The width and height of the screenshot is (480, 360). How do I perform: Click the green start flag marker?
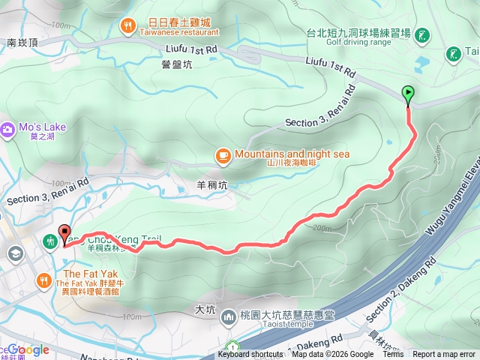408,94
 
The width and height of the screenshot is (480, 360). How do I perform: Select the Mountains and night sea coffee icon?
223,156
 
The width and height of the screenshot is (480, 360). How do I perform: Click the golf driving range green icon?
422,34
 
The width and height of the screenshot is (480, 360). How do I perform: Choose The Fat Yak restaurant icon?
44,281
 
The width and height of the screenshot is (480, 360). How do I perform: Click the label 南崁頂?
21,43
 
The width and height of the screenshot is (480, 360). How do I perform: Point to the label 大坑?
205,308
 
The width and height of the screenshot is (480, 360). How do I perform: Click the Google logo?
28,349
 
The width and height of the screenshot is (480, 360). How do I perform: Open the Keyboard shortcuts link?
250,355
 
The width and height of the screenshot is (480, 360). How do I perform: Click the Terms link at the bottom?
393,355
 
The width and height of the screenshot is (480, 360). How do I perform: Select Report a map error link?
444,355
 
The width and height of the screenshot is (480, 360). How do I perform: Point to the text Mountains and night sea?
292,154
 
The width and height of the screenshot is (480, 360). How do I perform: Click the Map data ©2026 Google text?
332,355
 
